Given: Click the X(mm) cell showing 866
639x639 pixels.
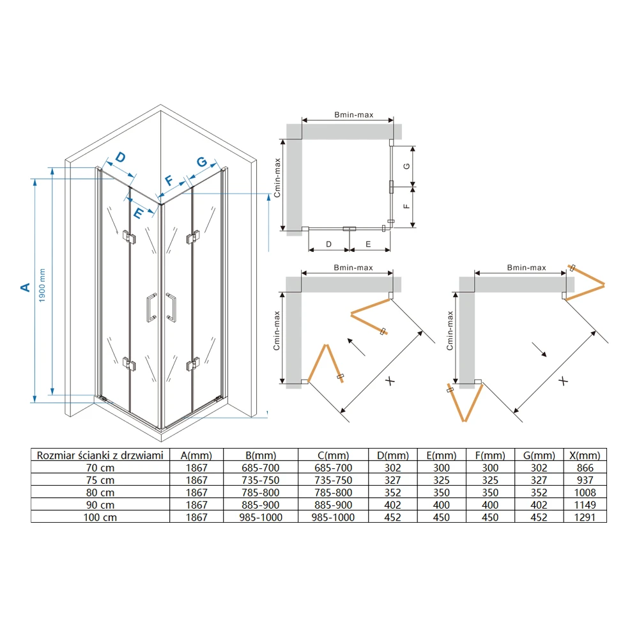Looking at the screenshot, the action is (585, 468).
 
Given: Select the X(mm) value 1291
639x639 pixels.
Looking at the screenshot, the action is (585, 517).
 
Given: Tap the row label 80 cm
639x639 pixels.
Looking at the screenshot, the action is (100, 493).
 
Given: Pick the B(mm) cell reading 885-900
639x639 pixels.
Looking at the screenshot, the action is (261, 505).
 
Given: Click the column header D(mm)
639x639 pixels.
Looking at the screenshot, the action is (393, 455).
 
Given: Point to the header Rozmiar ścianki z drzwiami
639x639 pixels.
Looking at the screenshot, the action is (100, 455).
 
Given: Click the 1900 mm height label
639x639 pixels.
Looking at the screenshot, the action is (42, 285).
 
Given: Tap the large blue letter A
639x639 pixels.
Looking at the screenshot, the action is (26, 288).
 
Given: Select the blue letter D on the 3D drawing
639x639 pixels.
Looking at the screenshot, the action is (120, 157).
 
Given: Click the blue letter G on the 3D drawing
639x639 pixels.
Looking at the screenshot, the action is (202, 162).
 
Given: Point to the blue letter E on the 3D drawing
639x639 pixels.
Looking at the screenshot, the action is (138, 213).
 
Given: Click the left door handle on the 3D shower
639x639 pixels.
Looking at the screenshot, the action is (151, 307).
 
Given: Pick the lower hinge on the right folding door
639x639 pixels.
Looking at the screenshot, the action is (193, 364).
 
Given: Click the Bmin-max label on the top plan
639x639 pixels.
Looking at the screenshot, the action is (354, 115).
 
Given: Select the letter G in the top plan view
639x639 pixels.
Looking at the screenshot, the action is (406, 166).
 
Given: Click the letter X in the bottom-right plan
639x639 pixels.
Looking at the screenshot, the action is (563, 381).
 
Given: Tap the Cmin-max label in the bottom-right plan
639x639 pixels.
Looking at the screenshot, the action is (450, 330).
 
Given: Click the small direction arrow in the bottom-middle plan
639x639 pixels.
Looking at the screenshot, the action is (356, 347).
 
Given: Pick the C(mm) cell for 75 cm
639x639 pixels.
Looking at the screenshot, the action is (334, 480).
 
